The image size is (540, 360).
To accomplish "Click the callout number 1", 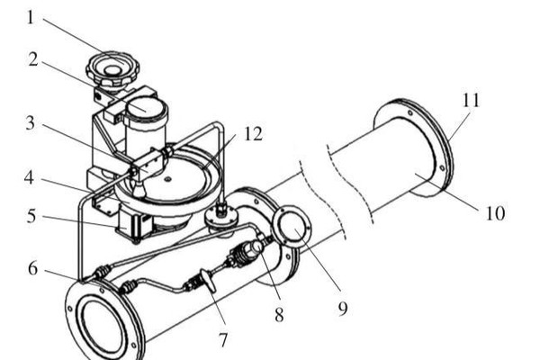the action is [31, 17].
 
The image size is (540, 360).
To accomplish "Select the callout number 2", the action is [33, 59].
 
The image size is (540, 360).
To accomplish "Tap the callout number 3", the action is [31, 123].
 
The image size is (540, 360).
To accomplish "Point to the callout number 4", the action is [30, 178].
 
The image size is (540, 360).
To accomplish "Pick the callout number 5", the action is [31, 216].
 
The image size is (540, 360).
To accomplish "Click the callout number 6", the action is [32, 268].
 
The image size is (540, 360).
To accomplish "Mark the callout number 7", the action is [223, 340].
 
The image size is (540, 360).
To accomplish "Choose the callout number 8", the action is [279, 314].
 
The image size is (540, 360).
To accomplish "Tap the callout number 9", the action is [343, 309].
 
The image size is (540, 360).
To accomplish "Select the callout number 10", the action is [496, 213].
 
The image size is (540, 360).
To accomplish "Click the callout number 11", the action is [471, 100].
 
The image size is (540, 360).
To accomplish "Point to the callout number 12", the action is [253, 134].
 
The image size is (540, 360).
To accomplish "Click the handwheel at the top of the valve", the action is [113, 69].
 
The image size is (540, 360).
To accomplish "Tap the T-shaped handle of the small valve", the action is [208, 281].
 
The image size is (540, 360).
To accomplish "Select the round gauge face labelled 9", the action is [292, 227].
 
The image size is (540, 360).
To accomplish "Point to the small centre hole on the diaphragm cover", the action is [167, 179].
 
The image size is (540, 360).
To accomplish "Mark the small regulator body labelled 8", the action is [248, 253].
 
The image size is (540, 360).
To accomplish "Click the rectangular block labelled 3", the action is [148, 164].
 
